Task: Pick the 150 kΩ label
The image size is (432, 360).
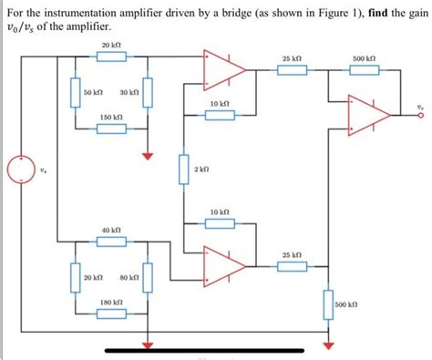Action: tap(111, 118)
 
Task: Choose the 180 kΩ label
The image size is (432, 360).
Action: tap(111, 302)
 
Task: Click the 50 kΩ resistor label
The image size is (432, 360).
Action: tap(94, 93)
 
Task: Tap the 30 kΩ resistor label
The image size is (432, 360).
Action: tap(129, 93)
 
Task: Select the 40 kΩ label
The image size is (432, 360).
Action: tap(111, 231)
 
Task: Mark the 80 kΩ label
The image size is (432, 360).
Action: tap(129, 277)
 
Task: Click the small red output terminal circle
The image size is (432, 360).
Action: tap(421, 115)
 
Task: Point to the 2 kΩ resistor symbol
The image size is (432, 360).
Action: tap(183, 170)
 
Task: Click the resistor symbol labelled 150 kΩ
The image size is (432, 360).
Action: tap(111, 129)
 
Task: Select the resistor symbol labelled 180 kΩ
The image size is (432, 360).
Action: tap(111, 314)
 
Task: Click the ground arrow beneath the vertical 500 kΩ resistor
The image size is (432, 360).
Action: tap(329, 344)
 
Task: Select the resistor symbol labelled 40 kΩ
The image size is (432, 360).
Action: tap(111, 242)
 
